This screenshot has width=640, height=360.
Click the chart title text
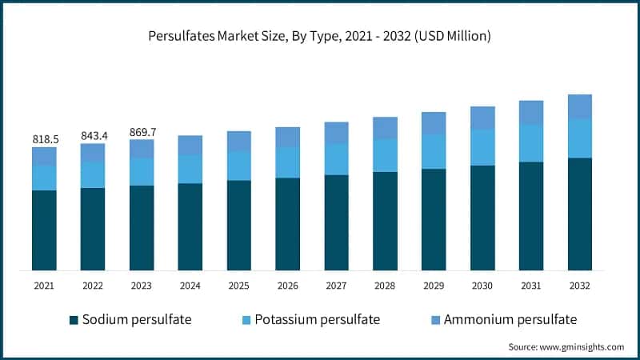click(x=320, y=36)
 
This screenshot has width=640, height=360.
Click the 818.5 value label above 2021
click(x=45, y=139)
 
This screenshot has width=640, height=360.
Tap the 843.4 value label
click(x=93, y=135)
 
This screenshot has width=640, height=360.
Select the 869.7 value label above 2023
click(x=142, y=131)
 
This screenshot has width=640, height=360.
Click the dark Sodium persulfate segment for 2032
click(x=580, y=214)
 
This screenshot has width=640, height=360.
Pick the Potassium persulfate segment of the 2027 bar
click(x=337, y=159)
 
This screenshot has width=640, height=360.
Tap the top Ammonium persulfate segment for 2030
click(x=482, y=118)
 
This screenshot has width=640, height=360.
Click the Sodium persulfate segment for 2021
click(x=45, y=230)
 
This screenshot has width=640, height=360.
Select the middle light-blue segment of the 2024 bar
click(x=190, y=169)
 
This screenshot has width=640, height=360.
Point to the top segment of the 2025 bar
click(x=239, y=141)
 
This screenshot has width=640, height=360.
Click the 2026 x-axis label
click(x=288, y=285)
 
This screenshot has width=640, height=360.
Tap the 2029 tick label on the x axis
click(x=434, y=285)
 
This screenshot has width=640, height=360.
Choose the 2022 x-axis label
click(x=93, y=285)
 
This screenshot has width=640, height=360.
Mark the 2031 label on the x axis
click(x=531, y=285)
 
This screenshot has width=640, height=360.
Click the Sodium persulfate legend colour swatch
click(x=74, y=320)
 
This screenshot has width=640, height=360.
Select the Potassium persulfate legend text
click(x=317, y=320)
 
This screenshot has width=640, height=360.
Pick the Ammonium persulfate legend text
click(x=510, y=320)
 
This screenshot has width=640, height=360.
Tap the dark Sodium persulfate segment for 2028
click(x=386, y=221)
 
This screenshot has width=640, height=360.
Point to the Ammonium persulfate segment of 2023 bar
click(x=142, y=149)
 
